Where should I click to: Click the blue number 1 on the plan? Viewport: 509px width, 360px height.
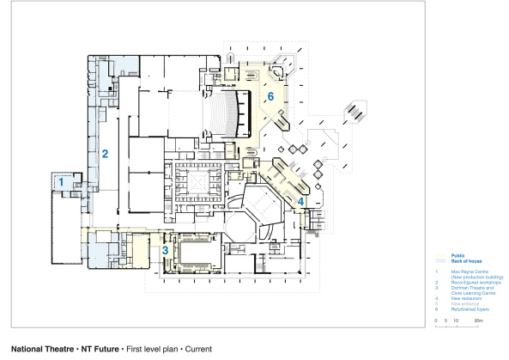(61, 182)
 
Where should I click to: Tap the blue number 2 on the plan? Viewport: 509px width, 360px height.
(105, 155)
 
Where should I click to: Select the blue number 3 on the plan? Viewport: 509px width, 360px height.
(165, 249)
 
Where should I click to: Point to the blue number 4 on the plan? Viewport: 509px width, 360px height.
(300, 202)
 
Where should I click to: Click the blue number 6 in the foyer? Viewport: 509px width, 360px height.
(270, 97)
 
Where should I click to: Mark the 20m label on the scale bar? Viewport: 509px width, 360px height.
(480, 320)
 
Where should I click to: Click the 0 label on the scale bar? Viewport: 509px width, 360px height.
(436, 320)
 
